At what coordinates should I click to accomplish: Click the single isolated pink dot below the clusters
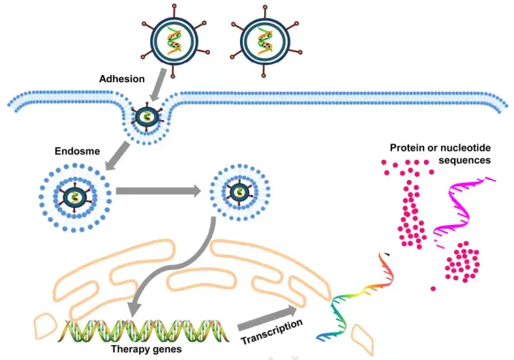(433, 289)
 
